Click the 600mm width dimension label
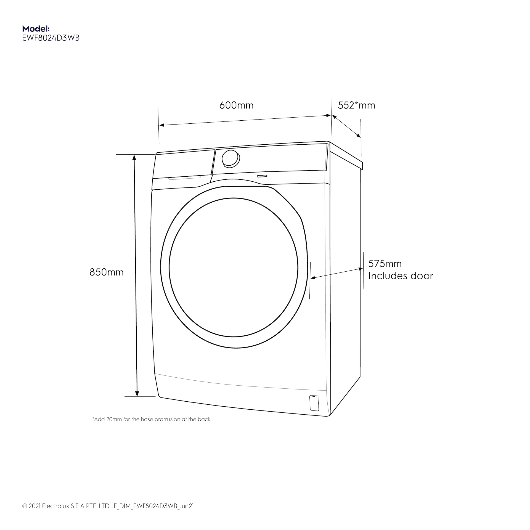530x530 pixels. point(236,105)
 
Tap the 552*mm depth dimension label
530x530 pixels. point(356,105)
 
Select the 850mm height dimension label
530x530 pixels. point(107,272)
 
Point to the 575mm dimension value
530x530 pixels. point(385,264)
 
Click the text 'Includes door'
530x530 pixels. point(401,276)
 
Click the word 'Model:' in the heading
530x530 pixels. point(36,28)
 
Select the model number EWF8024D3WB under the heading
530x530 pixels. point(51,38)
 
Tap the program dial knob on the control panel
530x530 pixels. point(231,159)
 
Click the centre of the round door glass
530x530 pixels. point(234,267)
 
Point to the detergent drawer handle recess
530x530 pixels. point(184,178)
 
